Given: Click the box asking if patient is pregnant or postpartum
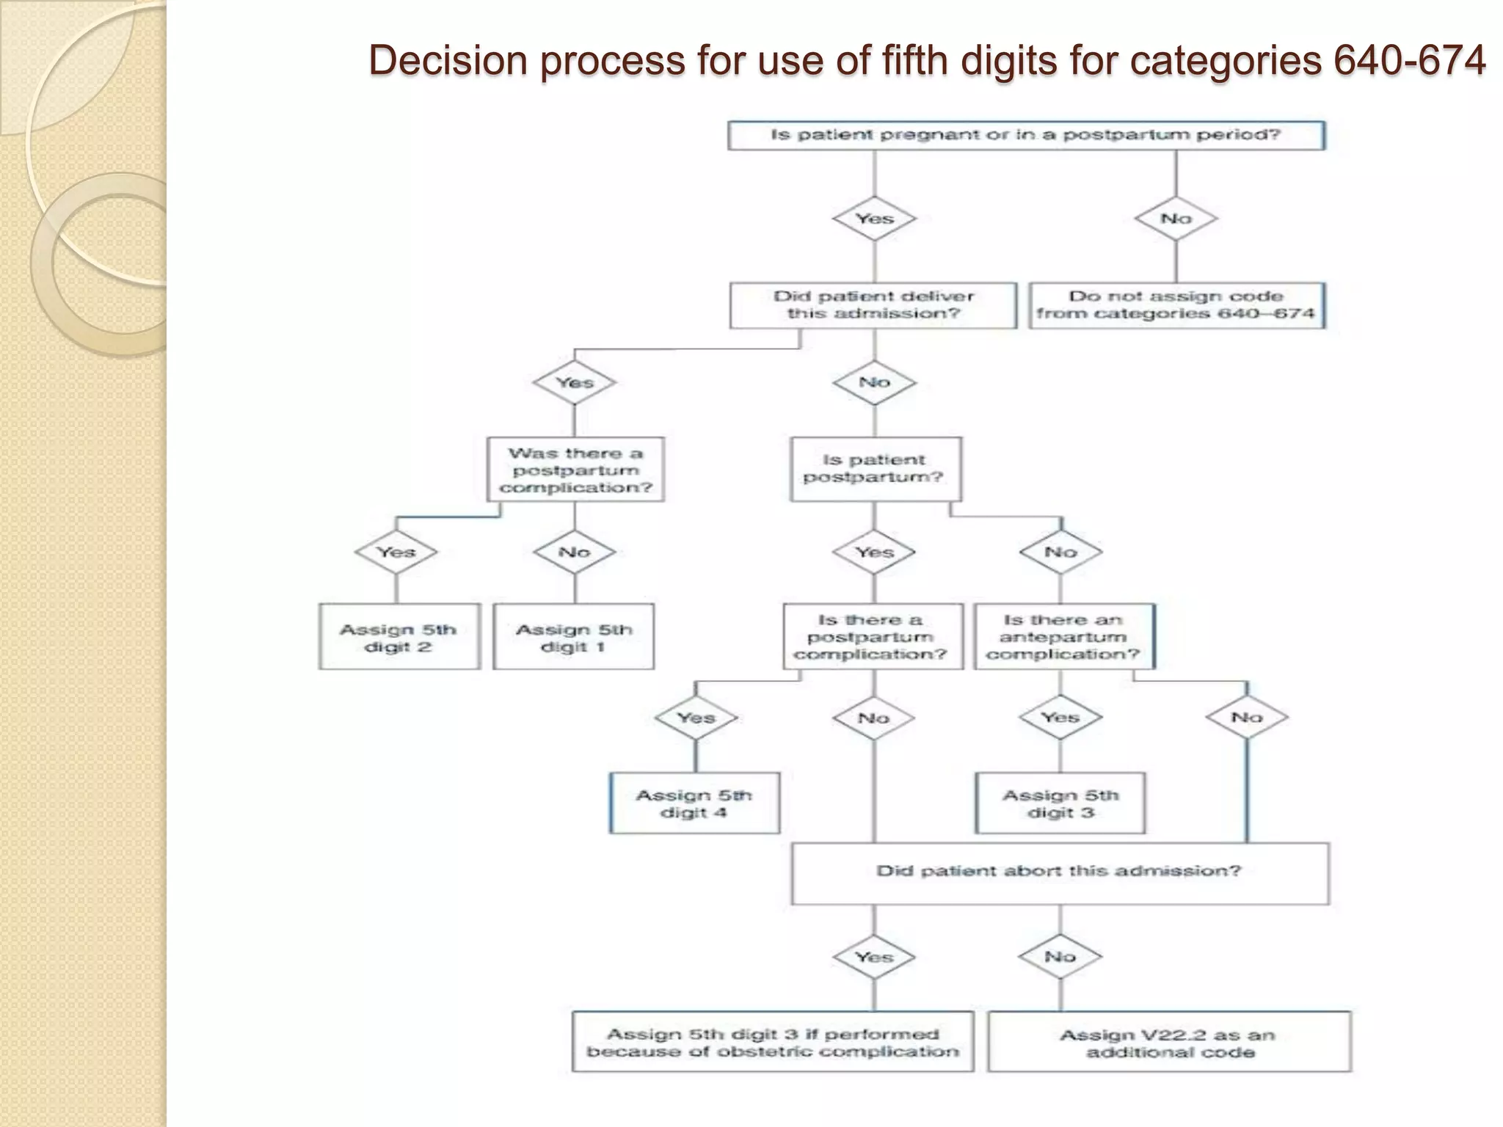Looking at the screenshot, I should [1025, 136].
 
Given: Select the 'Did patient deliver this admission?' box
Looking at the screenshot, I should [873, 305].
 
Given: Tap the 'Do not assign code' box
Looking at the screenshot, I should [1176, 305].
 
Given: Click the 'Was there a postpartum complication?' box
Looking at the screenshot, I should [575, 470].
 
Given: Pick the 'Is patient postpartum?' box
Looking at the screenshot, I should [875, 470].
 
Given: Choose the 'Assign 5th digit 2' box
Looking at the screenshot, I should [399, 637].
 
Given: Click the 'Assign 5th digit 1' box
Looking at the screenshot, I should [573, 637].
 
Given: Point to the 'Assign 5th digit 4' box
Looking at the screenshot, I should [694, 803].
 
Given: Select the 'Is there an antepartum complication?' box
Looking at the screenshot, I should [1063, 637].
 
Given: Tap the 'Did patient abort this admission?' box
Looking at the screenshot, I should [1059, 872].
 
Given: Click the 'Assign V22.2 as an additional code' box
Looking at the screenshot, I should [1169, 1043].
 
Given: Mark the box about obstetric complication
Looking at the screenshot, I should [773, 1043].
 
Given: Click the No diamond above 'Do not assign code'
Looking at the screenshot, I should [1176, 219].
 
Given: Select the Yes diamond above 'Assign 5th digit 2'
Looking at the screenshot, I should [396, 552].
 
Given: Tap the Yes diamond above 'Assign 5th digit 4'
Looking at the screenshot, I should [696, 718].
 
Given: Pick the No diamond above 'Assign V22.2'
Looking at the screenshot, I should [1060, 957].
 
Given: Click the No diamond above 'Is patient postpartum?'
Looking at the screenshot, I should [874, 383].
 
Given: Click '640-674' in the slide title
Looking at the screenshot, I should [1409, 60].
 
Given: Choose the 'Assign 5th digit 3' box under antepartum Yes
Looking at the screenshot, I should [1060, 803].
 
